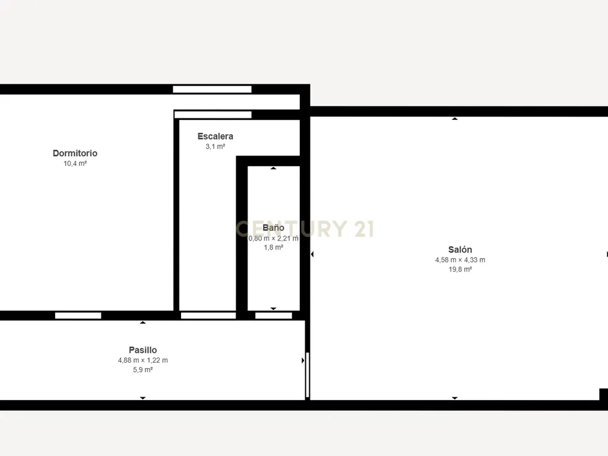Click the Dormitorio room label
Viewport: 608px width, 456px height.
click(x=75, y=153)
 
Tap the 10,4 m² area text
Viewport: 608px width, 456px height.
click(x=75, y=164)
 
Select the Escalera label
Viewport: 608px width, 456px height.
click(x=215, y=136)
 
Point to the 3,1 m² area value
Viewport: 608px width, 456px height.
click(x=215, y=147)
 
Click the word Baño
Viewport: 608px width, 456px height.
click(x=273, y=227)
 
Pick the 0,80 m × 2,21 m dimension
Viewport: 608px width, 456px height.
click(x=273, y=238)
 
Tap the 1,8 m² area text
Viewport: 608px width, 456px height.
click(x=273, y=248)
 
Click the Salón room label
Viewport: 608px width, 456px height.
click(x=460, y=250)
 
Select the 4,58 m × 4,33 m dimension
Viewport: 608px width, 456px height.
click(x=460, y=260)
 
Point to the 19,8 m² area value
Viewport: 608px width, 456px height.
click(x=460, y=270)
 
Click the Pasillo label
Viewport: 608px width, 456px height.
click(x=142, y=350)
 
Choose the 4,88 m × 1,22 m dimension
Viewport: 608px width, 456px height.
click(x=142, y=360)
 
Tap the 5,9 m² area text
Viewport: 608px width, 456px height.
click(x=142, y=370)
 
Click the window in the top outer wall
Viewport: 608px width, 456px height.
click(x=212, y=89)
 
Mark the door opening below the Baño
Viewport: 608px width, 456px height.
click(x=273, y=316)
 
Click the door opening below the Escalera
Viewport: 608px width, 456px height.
click(x=208, y=316)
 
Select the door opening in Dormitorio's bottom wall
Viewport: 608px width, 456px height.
click(x=78, y=316)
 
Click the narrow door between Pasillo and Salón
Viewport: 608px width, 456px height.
click(x=308, y=375)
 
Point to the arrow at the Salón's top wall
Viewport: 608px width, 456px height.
click(x=455, y=119)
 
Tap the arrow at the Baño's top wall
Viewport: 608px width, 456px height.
click(x=273, y=168)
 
